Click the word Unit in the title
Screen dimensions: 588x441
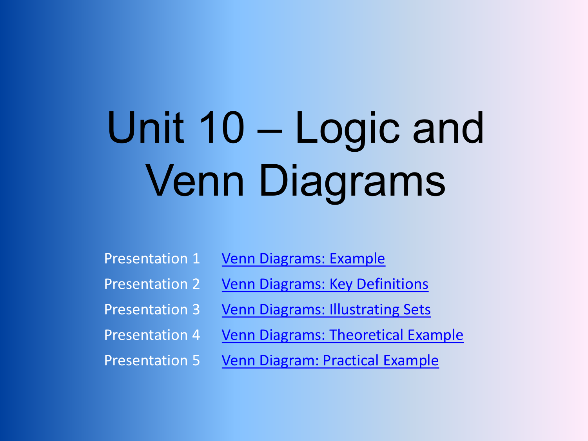tap(146, 127)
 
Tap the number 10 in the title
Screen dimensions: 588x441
tap(222, 127)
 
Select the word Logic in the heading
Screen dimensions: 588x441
tap(347, 131)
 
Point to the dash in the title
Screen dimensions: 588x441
tap(269, 131)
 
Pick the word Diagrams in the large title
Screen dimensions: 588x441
tap(352, 184)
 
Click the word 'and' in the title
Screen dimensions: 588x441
tap(448, 127)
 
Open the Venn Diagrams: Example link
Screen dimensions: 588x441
tap(303, 259)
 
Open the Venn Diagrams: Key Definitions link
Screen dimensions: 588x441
tap(325, 284)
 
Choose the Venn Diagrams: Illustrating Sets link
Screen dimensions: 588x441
tap(326, 310)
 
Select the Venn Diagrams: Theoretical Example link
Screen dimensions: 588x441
tap(342, 335)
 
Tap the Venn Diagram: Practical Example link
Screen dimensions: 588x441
tap(330, 361)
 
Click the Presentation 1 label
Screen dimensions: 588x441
tap(152, 259)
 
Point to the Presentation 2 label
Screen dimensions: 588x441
tap(152, 284)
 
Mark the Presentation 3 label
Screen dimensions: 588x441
tap(152, 310)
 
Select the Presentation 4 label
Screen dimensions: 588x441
tap(152, 335)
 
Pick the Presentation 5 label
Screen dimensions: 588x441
tap(152, 360)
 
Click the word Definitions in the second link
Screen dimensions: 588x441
tap(392, 284)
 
